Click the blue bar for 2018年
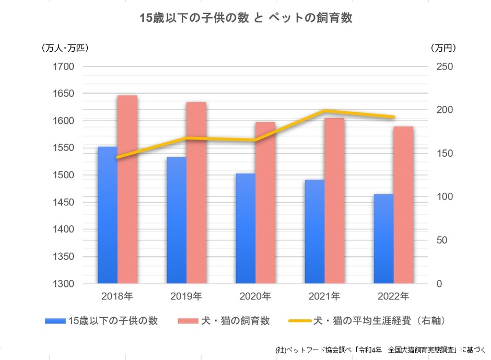point(108,215)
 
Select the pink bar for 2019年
point(196,193)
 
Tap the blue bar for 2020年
point(245,228)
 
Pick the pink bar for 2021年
point(334,201)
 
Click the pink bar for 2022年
point(403,205)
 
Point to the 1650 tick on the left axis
point(63,94)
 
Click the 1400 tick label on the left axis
point(63,229)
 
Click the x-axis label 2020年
point(255,297)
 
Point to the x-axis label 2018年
point(117,297)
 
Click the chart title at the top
point(245,18)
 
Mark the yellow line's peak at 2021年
point(325,111)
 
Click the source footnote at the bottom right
point(380,350)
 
